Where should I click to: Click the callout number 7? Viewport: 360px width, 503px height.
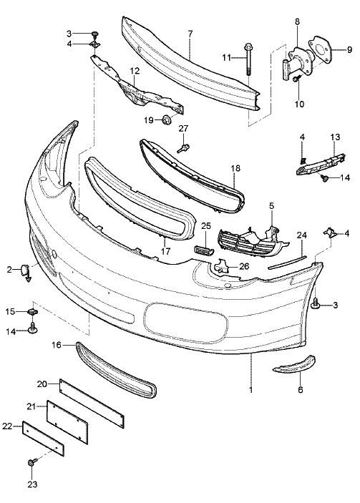pos(190,34)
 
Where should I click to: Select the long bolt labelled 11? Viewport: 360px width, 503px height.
pos(248,59)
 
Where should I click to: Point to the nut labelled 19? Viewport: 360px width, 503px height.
pos(166,119)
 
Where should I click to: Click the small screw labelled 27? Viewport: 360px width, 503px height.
pos(183,148)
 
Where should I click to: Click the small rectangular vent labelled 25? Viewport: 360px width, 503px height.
pos(203,250)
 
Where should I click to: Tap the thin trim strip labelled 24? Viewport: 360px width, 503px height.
pos(288,261)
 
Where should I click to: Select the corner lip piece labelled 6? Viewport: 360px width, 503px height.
pos(295,365)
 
